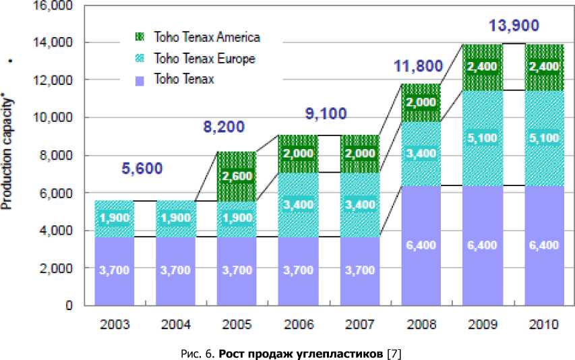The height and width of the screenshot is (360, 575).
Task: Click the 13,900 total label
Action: [514, 26]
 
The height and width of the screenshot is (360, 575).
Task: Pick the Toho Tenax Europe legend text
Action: [204, 59]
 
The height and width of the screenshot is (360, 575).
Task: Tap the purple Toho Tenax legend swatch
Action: [141, 80]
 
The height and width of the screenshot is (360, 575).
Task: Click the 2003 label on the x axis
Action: [114, 324]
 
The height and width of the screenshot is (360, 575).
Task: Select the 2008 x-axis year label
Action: [421, 324]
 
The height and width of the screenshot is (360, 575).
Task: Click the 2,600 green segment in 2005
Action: [237, 177]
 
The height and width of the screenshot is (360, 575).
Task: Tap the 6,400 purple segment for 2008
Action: [421, 245]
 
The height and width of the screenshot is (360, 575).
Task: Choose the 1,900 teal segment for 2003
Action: [114, 218]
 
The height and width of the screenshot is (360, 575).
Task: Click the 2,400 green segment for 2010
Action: [544, 67]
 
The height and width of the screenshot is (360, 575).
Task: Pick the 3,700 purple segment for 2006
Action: [298, 270]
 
